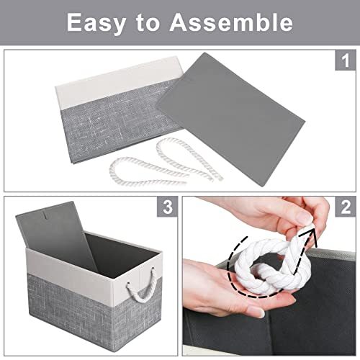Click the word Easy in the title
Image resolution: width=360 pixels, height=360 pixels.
click(x=100, y=23)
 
